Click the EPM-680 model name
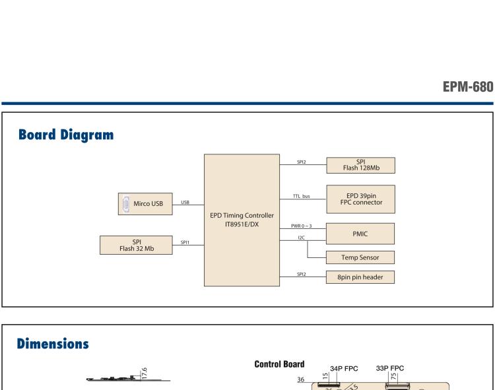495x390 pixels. pyautogui.click(x=468, y=86)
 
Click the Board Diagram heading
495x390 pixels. pyautogui.click(x=66, y=135)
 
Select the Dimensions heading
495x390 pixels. pyautogui.click(x=53, y=344)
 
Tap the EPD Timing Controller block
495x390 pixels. pyautogui.click(x=242, y=220)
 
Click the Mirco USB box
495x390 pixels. pyautogui.click(x=145, y=204)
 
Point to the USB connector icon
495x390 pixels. pyautogui.click(x=126, y=204)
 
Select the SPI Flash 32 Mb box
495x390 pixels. pyautogui.click(x=136, y=245)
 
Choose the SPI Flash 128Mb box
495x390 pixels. pyautogui.click(x=361, y=165)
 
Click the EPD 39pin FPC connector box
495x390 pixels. pyautogui.click(x=361, y=199)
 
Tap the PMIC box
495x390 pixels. pyautogui.click(x=360, y=234)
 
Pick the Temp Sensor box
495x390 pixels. pyautogui.click(x=360, y=257)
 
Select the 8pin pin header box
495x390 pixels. pyautogui.click(x=360, y=277)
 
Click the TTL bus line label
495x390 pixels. pyautogui.click(x=302, y=196)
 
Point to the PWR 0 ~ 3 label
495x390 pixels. pyautogui.click(x=301, y=226)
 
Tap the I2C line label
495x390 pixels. pyautogui.click(x=301, y=238)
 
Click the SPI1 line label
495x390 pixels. pyautogui.click(x=185, y=242)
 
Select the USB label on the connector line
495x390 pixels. pyautogui.click(x=185, y=202)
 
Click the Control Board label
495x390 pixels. pyautogui.click(x=279, y=364)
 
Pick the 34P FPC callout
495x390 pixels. pyautogui.click(x=344, y=368)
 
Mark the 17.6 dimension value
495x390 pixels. pyautogui.click(x=145, y=374)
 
